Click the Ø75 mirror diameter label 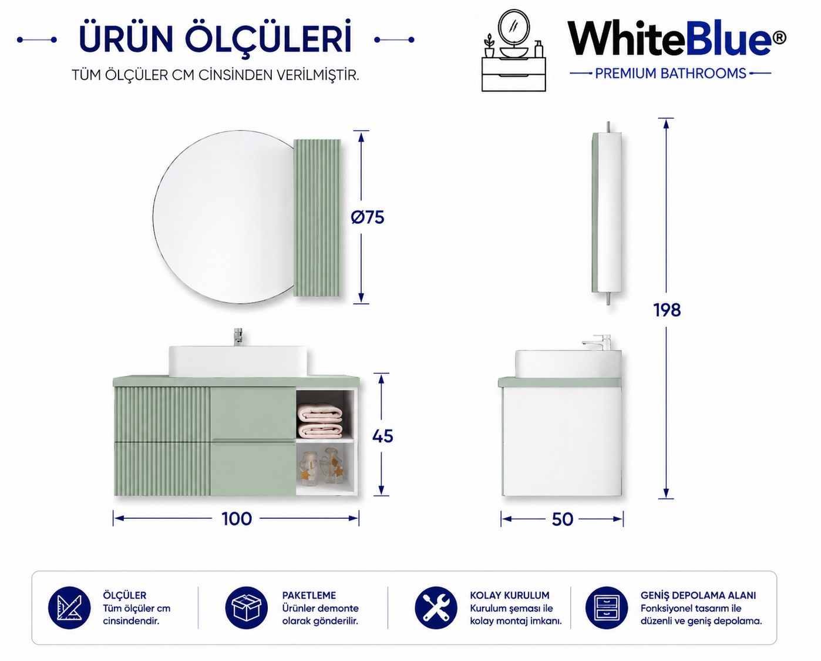pos(368,217)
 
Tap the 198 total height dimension pos(667,310)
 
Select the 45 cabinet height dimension pos(383,436)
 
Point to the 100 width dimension pos(237,519)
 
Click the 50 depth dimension pos(563,519)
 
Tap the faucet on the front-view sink pos(238,337)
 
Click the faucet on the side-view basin pos(597,343)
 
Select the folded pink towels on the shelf pos(319,421)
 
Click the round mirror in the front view pos(225,217)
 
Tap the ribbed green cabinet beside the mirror pos(317,217)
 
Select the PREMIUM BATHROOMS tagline pos(670,73)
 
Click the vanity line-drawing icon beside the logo pos(513,51)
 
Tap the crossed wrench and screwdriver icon pos(436,608)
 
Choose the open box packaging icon pos(246,608)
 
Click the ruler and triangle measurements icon pos(69,608)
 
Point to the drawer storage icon pos(606,608)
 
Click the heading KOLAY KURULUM pos(510,595)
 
